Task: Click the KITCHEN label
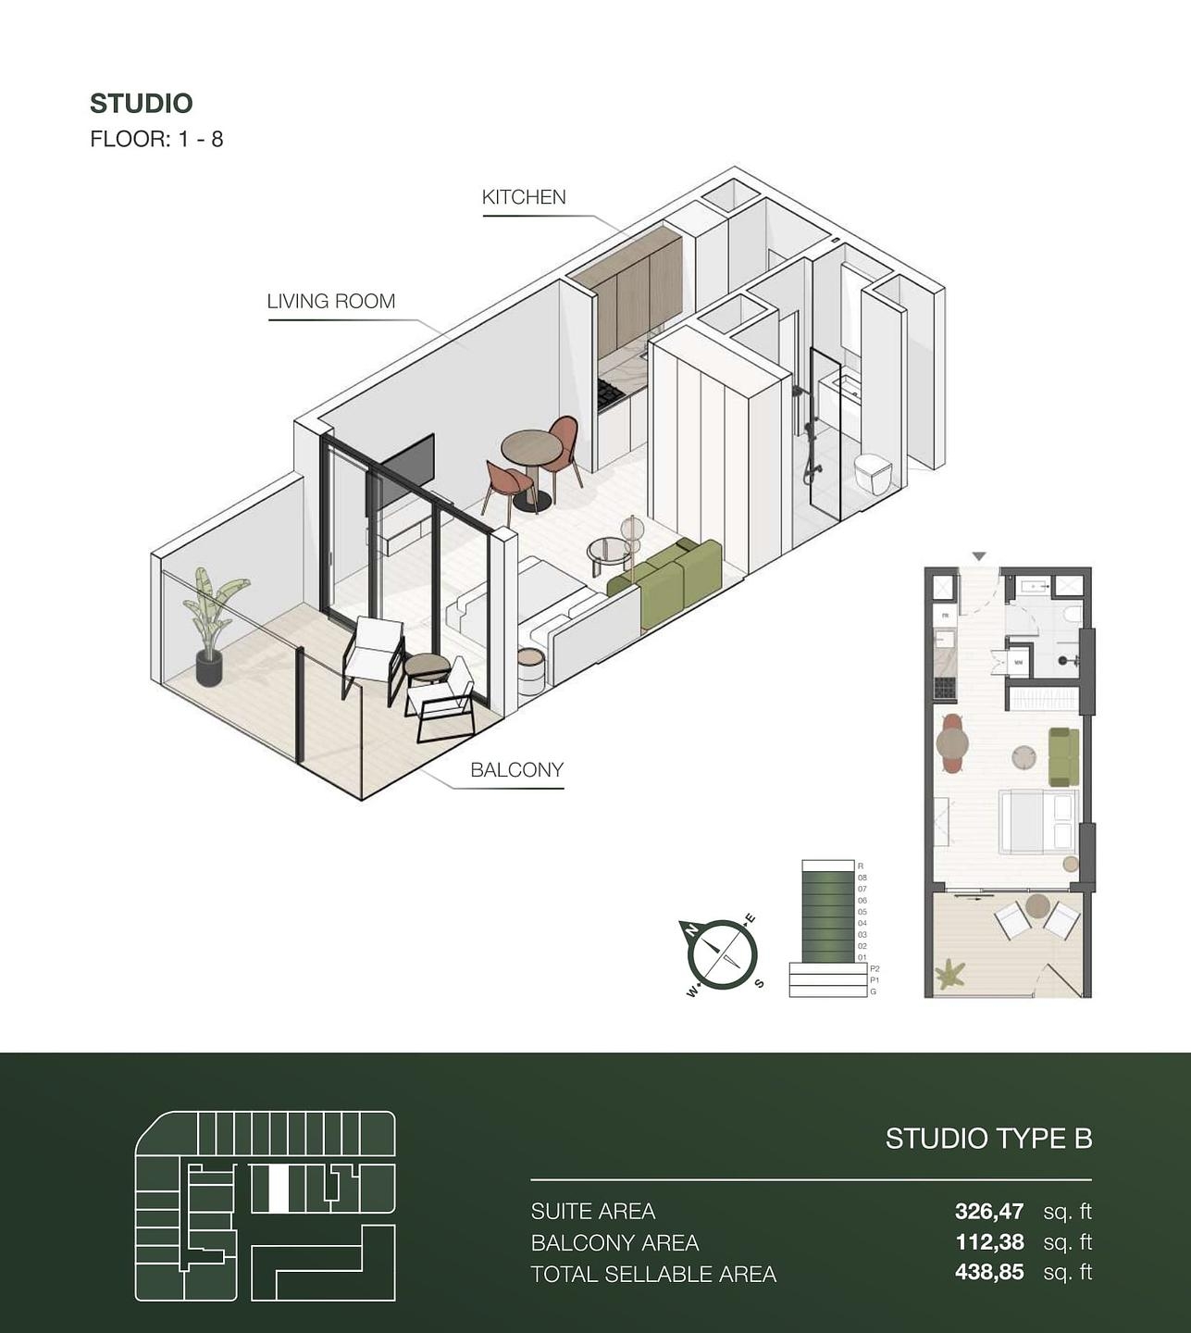[524, 197]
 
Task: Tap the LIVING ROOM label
[330, 302]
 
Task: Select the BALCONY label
[516, 770]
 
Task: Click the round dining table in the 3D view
[530, 449]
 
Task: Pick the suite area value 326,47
[988, 1211]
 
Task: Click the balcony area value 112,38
[988, 1242]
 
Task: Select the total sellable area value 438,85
[988, 1273]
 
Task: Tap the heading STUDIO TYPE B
[988, 1139]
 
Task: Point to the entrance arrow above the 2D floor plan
[979, 556]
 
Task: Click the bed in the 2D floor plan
[1038, 821]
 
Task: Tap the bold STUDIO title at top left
[141, 104]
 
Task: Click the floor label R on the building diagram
[861, 866]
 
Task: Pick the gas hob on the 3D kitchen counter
[612, 395]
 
